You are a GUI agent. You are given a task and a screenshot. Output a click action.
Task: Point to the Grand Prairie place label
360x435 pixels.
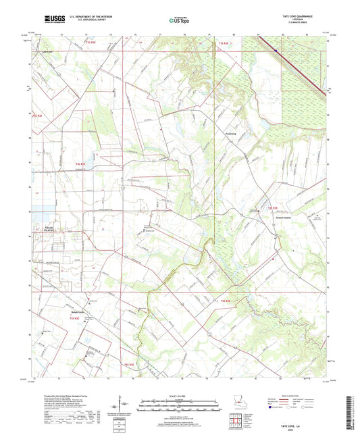(x=283, y=217)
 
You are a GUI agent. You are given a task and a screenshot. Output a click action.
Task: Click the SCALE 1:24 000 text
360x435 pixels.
(x=179, y=395)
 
